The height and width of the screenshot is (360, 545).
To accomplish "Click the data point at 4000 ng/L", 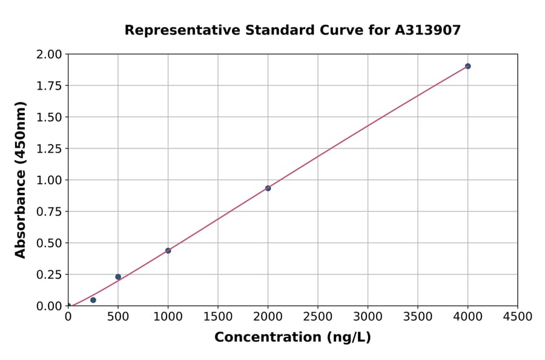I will click(x=467, y=66).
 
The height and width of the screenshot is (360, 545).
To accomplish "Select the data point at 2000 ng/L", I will click(x=268, y=188).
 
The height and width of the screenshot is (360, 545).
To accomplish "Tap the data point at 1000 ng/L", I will click(x=168, y=250).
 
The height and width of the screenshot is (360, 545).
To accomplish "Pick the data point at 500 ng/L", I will click(x=118, y=277).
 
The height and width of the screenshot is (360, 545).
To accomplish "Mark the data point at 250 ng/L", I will click(x=93, y=300).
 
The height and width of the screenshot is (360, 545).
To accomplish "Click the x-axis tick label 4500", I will click(x=517, y=317).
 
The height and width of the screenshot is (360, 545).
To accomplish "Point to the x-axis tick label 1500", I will click(x=217, y=317).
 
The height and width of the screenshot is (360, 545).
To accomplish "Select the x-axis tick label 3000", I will click(x=368, y=317).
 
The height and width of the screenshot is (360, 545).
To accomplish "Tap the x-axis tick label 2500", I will click(x=317, y=317).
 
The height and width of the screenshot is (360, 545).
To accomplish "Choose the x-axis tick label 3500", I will click(x=417, y=317).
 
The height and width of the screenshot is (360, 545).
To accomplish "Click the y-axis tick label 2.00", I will click(x=49, y=55).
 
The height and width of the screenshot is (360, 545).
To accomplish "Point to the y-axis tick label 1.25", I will click(x=49, y=149).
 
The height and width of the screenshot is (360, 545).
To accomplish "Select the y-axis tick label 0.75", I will click(x=49, y=212).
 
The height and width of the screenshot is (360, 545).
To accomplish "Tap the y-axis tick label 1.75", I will click(x=49, y=86).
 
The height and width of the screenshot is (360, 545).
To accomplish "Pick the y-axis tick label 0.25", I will click(x=49, y=275).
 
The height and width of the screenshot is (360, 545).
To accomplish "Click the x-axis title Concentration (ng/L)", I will click(x=292, y=338).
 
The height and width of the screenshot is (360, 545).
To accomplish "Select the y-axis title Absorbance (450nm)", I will click(x=21, y=180).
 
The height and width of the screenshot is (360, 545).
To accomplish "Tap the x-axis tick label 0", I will click(x=68, y=317).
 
